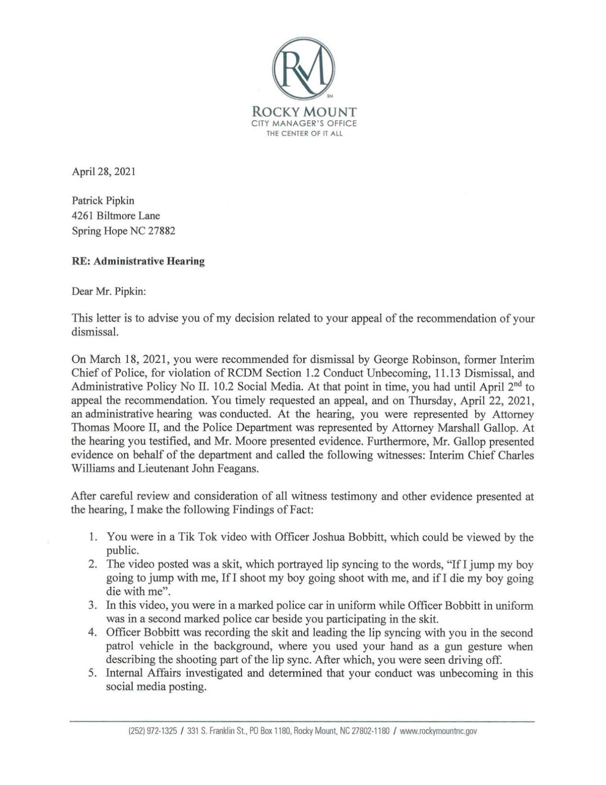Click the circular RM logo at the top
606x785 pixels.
tap(304, 69)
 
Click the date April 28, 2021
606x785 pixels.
tap(103, 172)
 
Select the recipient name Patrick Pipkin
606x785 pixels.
tap(103, 200)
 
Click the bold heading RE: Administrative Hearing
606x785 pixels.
tap(138, 261)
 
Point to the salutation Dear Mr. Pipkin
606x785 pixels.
tap(109, 291)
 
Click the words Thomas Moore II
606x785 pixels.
tap(105, 427)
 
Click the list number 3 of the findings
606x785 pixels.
tap(93, 605)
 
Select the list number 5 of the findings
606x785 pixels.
tap(93, 673)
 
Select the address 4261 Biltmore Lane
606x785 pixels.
tap(115, 216)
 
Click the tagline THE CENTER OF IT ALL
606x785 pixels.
tap(304, 134)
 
